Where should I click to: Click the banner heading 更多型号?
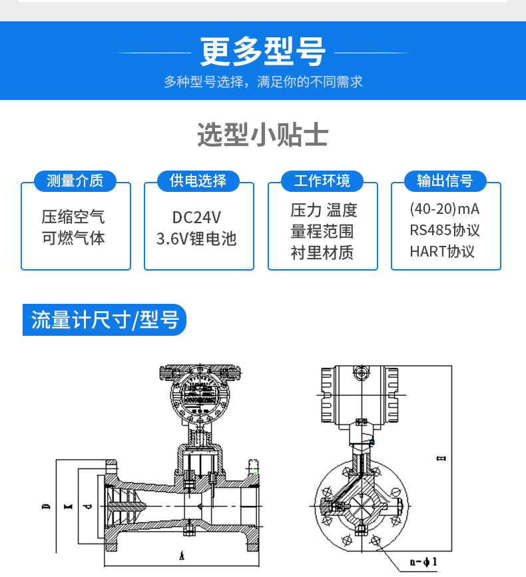tap(262, 51)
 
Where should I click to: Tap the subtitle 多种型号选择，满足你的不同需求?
tap(263, 82)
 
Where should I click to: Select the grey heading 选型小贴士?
tap(262, 135)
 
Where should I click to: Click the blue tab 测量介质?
tap(75, 181)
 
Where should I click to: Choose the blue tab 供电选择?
tap(198, 181)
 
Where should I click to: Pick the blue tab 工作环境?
tap(322, 181)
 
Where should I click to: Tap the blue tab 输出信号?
tap(445, 181)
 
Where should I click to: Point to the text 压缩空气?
tap(73, 217)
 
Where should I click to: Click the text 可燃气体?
tap(73, 238)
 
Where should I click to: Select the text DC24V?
tap(196, 217)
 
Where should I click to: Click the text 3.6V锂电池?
tap(196, 239)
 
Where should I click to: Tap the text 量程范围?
tap(322, 231)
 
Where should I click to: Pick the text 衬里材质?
tap(322, 253)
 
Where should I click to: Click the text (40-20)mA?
tap(445, 209)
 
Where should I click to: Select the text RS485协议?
tap(445, 231)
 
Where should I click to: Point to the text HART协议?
tap(442, 252)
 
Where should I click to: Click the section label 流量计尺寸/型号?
tap(105, 320)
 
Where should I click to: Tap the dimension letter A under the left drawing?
tap(182, 556)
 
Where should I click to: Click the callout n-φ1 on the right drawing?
tap(423, 562)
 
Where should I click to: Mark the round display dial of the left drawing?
tap(200, 394)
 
